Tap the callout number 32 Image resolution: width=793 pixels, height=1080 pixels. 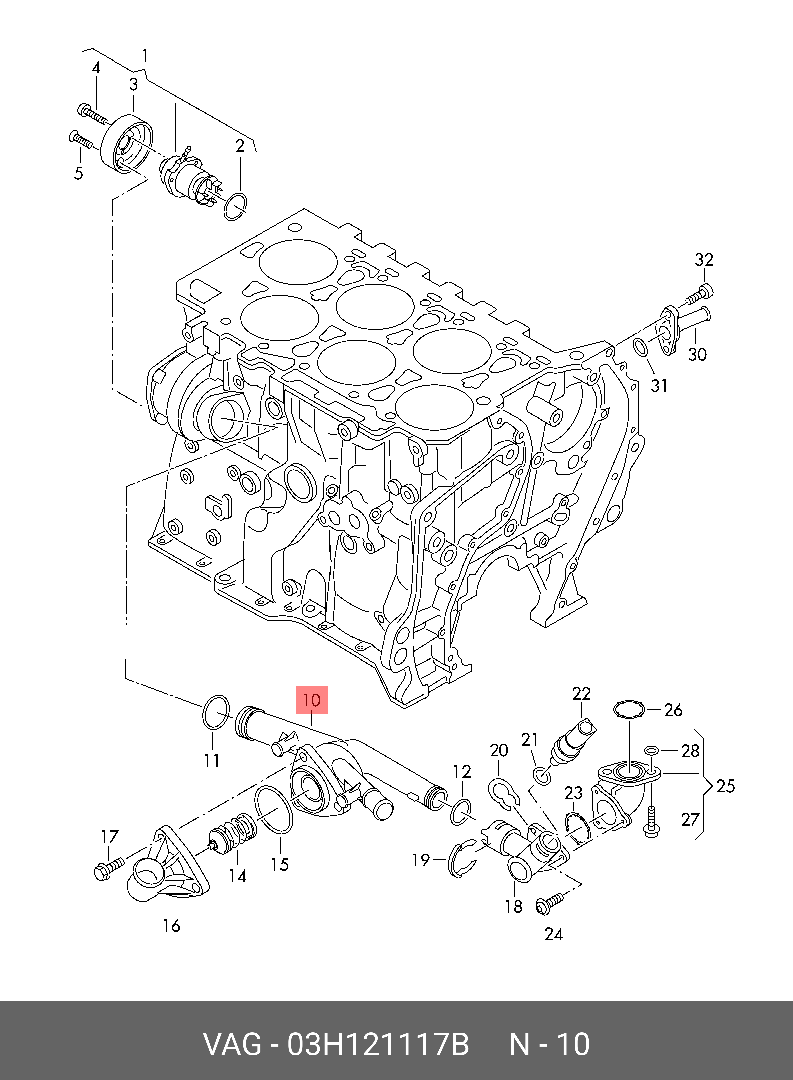pos(704,260)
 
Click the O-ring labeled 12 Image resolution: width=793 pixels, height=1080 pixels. pos(461,812)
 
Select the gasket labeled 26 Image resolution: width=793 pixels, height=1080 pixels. pos(629,710)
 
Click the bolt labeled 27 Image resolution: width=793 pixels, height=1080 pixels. pos(651,822)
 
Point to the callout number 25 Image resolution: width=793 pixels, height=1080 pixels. pos(725,786)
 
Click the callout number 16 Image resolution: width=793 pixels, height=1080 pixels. pos(171,925)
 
